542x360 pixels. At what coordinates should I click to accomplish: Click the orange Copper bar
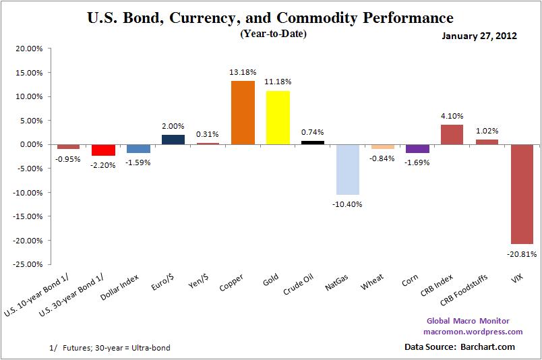pos(243,113)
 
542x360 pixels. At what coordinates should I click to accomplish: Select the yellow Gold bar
pos(278,117)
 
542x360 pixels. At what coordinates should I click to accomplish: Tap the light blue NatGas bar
pos(348,169)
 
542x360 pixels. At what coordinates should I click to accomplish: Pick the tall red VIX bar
pos(522,194)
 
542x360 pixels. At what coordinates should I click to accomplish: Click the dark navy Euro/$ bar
pos(173,140)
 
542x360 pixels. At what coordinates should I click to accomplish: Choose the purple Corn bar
pos(417,148)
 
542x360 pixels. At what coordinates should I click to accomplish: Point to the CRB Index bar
pos(452,134)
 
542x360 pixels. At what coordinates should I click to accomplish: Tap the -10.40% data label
pos(348,204)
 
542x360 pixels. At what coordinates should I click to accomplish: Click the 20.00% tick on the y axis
pos(29,49)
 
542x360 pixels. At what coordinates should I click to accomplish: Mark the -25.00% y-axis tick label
pos(28,264)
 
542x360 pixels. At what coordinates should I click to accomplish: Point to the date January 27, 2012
pos(480,36)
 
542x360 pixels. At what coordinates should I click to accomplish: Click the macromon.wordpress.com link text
pos(473,332)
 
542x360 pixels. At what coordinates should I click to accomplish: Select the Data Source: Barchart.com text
pos(459,347)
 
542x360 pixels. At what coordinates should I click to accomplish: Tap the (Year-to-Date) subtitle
pos(273,33)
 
